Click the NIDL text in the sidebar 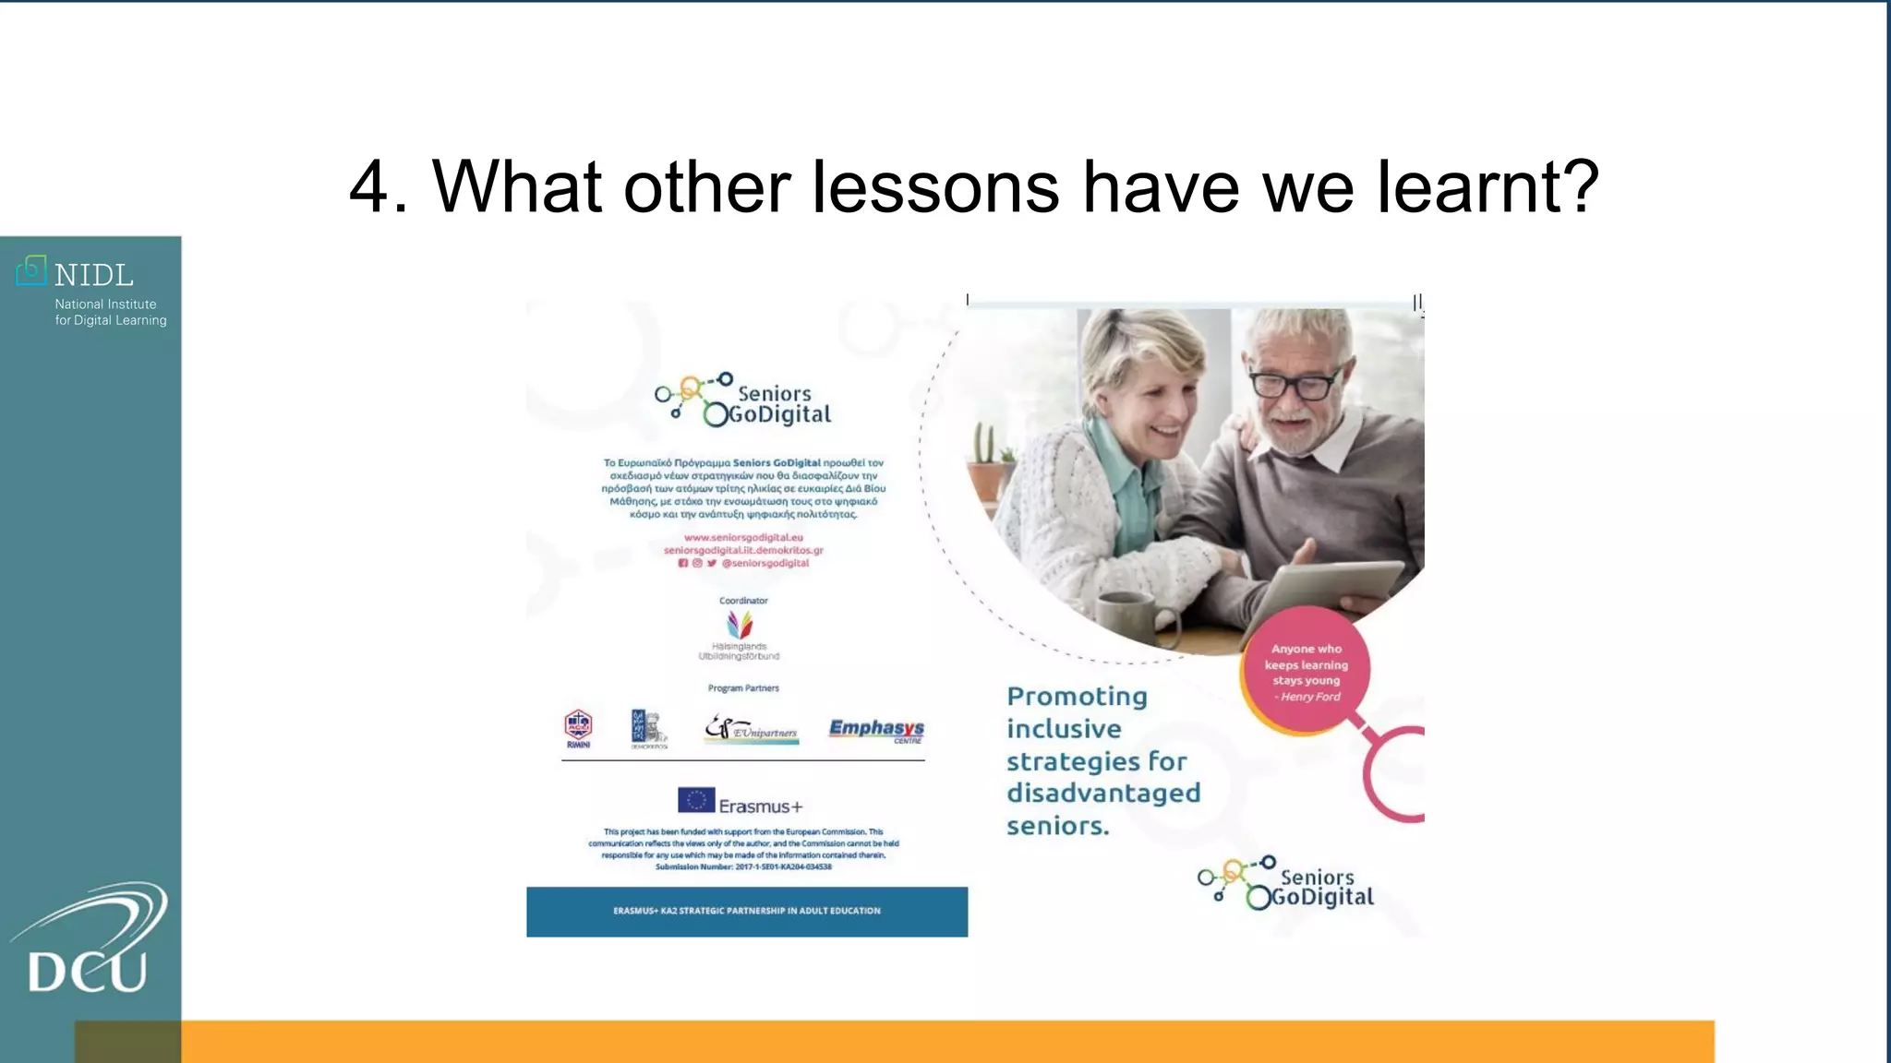click(x=93, y=275)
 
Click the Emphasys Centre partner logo click(x=876, y=730)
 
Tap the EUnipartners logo click(x=751, y=729)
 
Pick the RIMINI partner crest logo click(x=578, y=728)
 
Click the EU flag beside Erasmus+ click(x=696, y=800)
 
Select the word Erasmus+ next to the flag click(x=761, y=806)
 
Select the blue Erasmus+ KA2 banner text click(x=746, y=911)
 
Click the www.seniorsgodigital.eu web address click(x=743, y=537)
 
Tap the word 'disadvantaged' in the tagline click(x=1103, y=794)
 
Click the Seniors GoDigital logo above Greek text click(x=743, y=401)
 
